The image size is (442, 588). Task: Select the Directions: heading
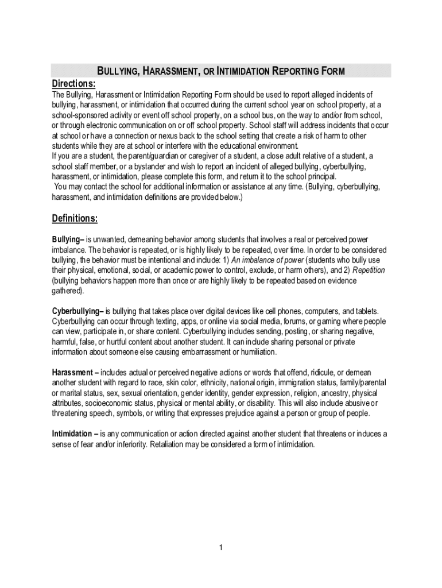73,83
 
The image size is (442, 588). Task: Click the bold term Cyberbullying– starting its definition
77,311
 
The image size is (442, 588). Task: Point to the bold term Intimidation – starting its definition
75,433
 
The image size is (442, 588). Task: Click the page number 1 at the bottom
220,548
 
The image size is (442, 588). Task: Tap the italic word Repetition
369,270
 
